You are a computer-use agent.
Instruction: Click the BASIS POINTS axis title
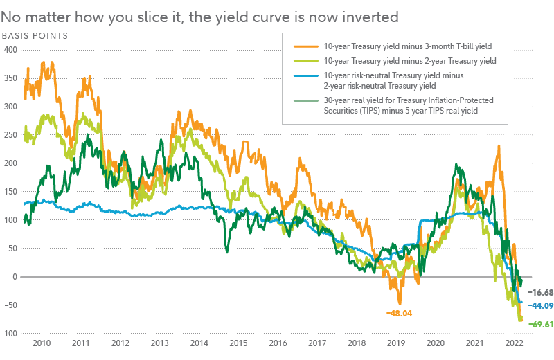34,35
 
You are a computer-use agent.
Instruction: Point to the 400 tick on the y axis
12,50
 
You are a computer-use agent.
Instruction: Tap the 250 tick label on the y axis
12,135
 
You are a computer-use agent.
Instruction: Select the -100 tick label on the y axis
10,334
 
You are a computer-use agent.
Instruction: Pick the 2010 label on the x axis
41,343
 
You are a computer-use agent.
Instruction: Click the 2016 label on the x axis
278,343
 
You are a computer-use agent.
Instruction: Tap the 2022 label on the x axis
514,343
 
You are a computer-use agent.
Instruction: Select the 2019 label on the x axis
396,343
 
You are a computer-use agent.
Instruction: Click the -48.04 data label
400,313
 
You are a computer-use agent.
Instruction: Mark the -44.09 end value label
540,305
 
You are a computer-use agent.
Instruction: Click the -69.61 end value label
540,323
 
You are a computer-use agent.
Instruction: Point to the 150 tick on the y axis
12,192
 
